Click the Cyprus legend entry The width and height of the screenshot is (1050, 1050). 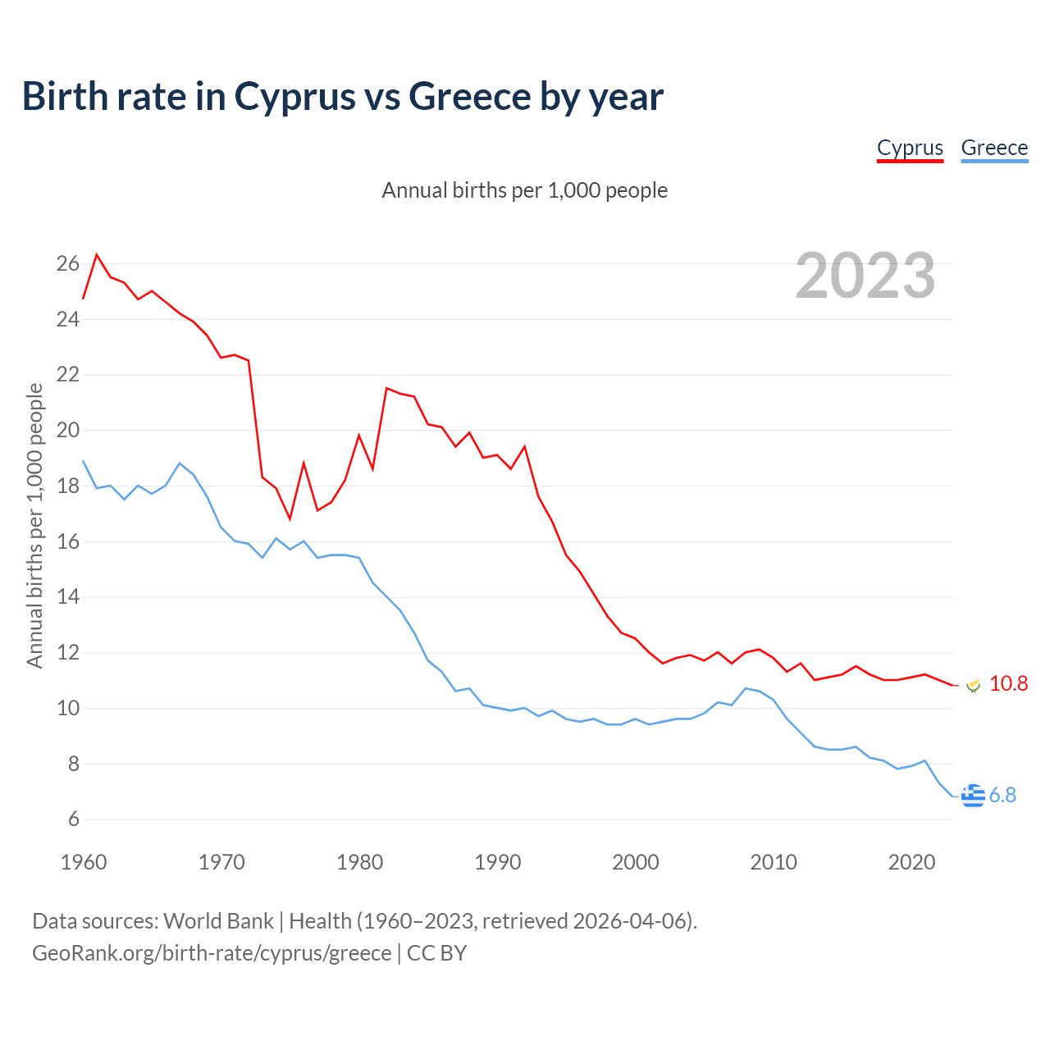[910, 148]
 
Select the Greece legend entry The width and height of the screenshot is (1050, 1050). [994, 148]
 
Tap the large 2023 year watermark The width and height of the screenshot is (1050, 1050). [865, 276]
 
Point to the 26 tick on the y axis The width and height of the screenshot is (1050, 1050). [68, 264]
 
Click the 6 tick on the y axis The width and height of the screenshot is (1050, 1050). [74, 819]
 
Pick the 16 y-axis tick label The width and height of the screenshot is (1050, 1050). [68, 542]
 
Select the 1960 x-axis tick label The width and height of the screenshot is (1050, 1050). [84, 862]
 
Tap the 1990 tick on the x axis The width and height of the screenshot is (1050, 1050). [498, 862]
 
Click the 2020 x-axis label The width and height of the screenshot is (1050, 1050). [911, 862]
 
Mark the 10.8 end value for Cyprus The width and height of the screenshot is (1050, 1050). [1008, 684]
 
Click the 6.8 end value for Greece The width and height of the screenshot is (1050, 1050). [1002, 796]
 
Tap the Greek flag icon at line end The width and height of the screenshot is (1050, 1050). [973, 796]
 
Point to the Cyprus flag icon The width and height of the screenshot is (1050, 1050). [973, 685]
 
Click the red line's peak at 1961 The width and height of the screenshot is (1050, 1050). [97, 254]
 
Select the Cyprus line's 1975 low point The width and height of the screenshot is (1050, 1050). [290, 519]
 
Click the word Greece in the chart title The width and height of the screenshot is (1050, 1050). [470, 97]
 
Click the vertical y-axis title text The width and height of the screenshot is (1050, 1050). [34, 526]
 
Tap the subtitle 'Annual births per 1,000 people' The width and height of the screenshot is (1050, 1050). [524, 190]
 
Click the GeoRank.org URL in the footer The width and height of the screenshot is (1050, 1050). [212, 953]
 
